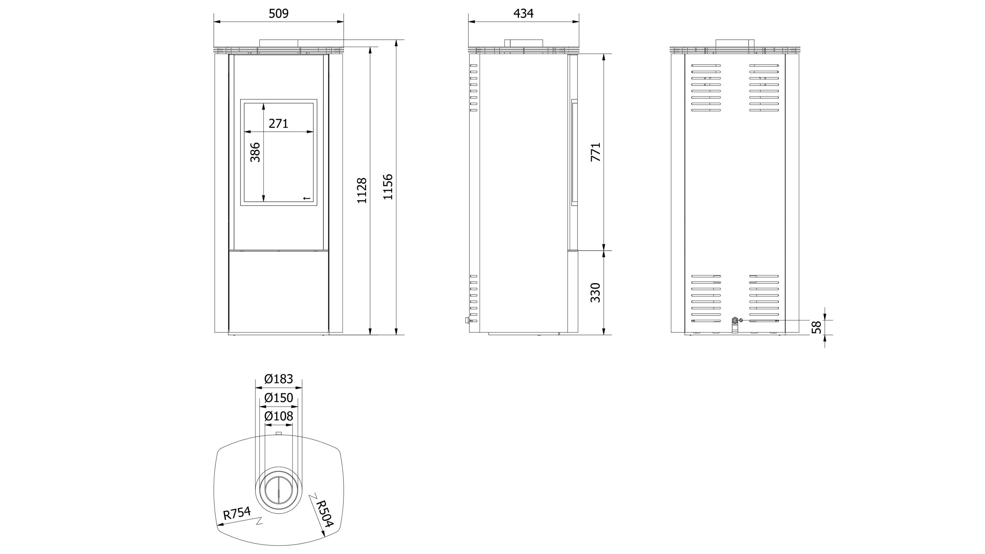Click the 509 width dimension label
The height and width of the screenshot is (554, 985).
pyautogui.click(x=278, y=14)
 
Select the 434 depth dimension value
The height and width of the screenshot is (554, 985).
pyautogui.click(x=523, y=14)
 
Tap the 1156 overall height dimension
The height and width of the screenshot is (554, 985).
pyautogui.click(x=388, y=187)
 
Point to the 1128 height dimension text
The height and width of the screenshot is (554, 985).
pyautogui.click(x=362, y=190)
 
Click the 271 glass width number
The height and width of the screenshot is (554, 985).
pyautogui.click(x=278, y=123)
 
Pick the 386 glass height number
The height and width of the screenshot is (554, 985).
pyautogui.click(x=255, y=152)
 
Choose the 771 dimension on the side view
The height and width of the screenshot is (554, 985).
pyautogui.click(x=596, y=152)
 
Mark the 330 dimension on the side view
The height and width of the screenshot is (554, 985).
pyautogui.click(x=596, y=293)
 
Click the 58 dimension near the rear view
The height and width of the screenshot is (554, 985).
pyautogui.click(x=816, y=327)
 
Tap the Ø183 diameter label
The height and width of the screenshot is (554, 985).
pyautogui.click(x=279, y=379)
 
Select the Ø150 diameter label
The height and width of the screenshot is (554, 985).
pyautogui.click(x=279, y=398)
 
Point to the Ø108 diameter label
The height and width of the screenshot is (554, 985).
pyautogui.click(x=279, y=416)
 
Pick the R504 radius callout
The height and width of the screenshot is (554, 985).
pyautogui.click(x=324, y=514)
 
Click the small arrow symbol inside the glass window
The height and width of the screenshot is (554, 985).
pyautogui.click(x=307, y=198)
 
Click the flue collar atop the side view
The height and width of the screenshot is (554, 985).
pyautogui.click(x=523, y=43)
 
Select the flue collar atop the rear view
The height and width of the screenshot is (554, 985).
pyautogui.click(x=735, y=43)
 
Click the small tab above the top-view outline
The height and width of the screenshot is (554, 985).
pyautogui.click(x=279, y=433)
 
